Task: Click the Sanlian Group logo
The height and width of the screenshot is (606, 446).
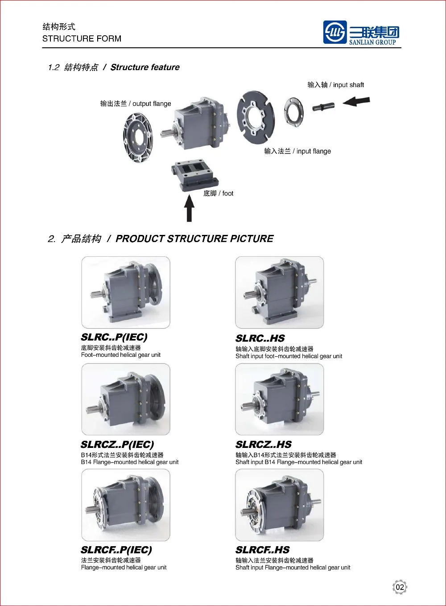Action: click(361, 33)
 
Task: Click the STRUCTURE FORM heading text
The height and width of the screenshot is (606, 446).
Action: click(82, 39)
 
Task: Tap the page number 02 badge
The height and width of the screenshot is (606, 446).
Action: click(400, 587)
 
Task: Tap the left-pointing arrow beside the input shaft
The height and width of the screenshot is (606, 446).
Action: click(356, 101)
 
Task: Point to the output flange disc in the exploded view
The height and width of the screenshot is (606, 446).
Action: click(138, 137)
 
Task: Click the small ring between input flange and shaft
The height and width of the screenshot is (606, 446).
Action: click(294, 111)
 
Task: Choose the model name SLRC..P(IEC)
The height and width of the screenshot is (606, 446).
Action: click(114, 337)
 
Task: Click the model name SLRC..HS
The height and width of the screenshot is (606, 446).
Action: click(260, 339)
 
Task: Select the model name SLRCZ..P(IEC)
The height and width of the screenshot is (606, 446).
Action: click(117, 445)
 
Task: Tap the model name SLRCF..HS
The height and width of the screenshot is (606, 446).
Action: click(263, 550)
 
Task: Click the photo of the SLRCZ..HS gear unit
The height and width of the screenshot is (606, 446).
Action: click(280, 399)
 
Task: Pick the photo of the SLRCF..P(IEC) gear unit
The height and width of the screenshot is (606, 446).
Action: click(126, 505)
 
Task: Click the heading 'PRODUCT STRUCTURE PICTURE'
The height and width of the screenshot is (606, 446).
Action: click(194, 239)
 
